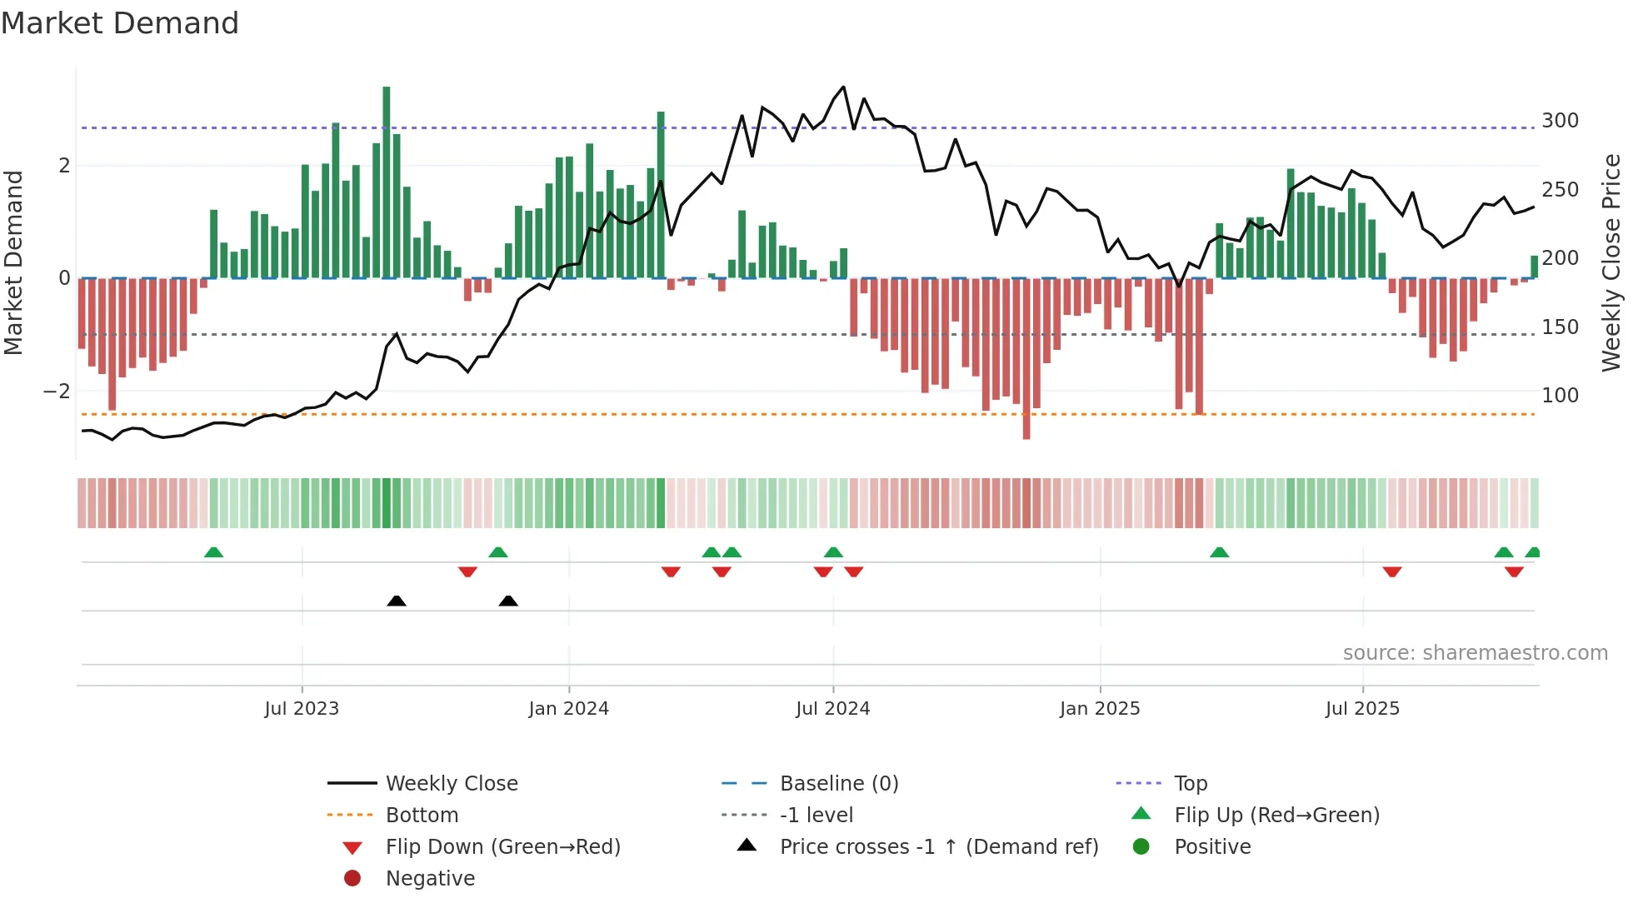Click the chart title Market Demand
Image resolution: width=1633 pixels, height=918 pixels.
click(x=120, y=23)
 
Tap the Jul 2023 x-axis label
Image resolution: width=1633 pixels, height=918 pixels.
click(x=302, y=709)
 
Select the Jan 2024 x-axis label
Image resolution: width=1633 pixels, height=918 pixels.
click(x=568, y=709)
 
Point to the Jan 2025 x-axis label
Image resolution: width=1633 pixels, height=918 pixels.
click(x=1099, y=709)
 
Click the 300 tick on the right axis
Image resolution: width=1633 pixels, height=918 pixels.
click(x=1560, y=121)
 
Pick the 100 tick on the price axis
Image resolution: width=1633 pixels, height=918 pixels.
click(x=1560, y=396)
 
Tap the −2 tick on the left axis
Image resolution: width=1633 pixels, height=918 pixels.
click(x=57, y=392)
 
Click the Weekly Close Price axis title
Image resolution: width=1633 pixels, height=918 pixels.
click(x=1611, y=262)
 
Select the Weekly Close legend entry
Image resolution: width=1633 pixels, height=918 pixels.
click(x=451, y=784)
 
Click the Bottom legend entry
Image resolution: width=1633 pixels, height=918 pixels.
click(x=422, y=816)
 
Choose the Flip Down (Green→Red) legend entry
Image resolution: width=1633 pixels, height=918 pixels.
click(x=502, y=847)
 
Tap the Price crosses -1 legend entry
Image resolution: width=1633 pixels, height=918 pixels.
click(x=938, y=847)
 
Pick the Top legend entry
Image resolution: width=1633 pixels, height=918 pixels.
click(x=1190, y=784)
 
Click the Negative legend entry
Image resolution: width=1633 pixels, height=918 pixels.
click(x=430, y=879)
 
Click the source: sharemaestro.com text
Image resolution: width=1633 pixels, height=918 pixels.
click(x=1475, y=653)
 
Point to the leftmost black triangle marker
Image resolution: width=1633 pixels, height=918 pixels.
click(x=397, y=601)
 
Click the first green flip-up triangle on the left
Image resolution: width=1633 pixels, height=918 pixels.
click(x=214, y=552)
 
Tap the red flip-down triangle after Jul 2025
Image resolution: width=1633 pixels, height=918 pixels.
click(x=1392, y=571)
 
